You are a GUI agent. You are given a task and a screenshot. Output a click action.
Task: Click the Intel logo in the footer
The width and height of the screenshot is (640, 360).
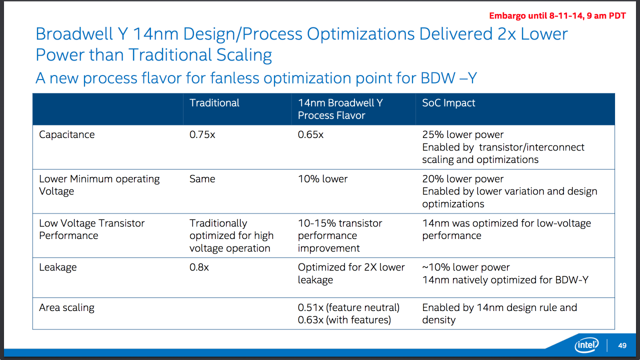tap(586, 345)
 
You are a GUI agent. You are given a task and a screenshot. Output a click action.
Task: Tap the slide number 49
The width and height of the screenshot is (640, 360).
tap(622, 345)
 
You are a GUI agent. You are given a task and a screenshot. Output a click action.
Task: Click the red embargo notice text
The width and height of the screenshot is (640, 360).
tap(557, 15)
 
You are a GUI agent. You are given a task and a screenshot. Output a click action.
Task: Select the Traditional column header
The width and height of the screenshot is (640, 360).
tap(214, 103)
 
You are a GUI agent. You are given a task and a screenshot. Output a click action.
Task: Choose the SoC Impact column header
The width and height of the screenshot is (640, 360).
tap(448, 103)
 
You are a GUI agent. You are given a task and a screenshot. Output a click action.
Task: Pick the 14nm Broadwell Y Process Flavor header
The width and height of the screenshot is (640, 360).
tap(340, 109)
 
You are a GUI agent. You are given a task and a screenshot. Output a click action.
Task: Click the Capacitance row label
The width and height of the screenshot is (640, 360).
tap(66, 134)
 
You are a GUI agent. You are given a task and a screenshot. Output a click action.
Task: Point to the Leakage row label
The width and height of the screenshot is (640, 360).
tap(58, 267)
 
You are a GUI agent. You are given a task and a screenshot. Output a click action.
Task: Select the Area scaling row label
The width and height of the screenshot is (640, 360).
tap(66, 307)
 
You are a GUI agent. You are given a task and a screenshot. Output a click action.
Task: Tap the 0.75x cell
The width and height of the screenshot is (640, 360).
tap(202, 134)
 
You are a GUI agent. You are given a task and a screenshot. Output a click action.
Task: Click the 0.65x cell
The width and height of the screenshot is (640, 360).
tap(310, 134)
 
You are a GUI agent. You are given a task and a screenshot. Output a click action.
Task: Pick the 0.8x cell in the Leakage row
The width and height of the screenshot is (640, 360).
tap(199, 267)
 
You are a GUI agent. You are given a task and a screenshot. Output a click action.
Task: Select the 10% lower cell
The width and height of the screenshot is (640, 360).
tap(322, 179)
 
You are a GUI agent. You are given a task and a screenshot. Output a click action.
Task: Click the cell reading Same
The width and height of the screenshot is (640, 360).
tap(202, 179)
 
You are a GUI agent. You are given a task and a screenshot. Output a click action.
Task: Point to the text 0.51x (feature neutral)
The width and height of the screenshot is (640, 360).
tap(348, 307)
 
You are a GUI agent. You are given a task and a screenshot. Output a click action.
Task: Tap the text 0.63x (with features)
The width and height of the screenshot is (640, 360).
tap(344, 320)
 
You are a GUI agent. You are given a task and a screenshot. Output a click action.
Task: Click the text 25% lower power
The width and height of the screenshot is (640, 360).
tap(462, 134)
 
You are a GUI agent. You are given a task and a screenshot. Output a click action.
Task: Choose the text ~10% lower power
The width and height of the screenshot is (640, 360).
tap(465, 267)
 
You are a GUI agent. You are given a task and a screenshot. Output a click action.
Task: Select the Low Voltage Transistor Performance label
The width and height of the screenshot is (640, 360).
tap(92, 229)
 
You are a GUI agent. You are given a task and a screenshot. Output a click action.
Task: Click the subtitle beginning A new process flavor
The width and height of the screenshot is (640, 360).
tap(255, 78)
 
